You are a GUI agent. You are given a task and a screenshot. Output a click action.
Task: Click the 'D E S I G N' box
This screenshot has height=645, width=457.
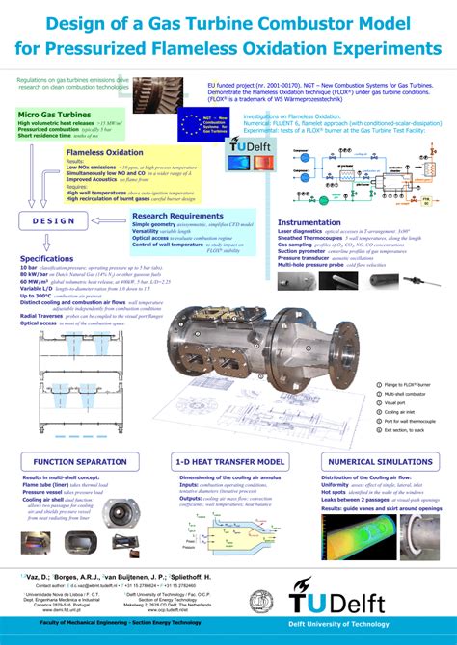[54, 221]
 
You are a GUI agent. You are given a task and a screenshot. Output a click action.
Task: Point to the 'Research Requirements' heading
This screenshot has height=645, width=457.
[177, 216]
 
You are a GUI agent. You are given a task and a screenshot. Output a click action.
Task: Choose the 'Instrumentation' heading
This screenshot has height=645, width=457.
[309, 222]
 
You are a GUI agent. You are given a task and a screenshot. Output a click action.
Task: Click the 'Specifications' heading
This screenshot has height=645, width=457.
[46, 258]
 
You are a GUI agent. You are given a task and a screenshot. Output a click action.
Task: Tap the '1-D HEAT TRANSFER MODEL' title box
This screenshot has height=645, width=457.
[229, 462]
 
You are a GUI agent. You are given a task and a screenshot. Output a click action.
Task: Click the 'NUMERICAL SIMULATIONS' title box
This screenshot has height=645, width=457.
[381, 462]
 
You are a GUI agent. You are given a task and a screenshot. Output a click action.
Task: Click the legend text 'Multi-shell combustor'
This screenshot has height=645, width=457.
[407, 394]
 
